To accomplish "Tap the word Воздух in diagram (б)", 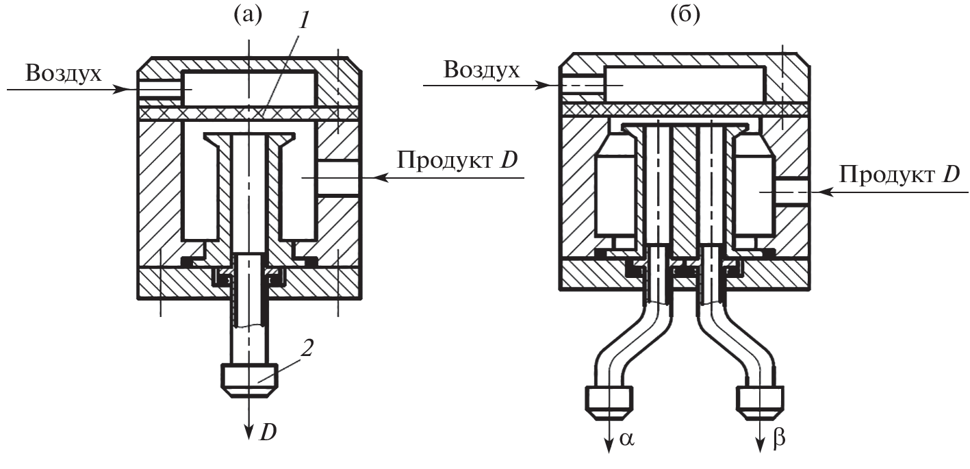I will tap(481, 69).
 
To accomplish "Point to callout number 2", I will tap(308, 348).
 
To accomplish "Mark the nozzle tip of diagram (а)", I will tap(249, 380).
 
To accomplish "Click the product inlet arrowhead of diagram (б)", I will tap(817, 193).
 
